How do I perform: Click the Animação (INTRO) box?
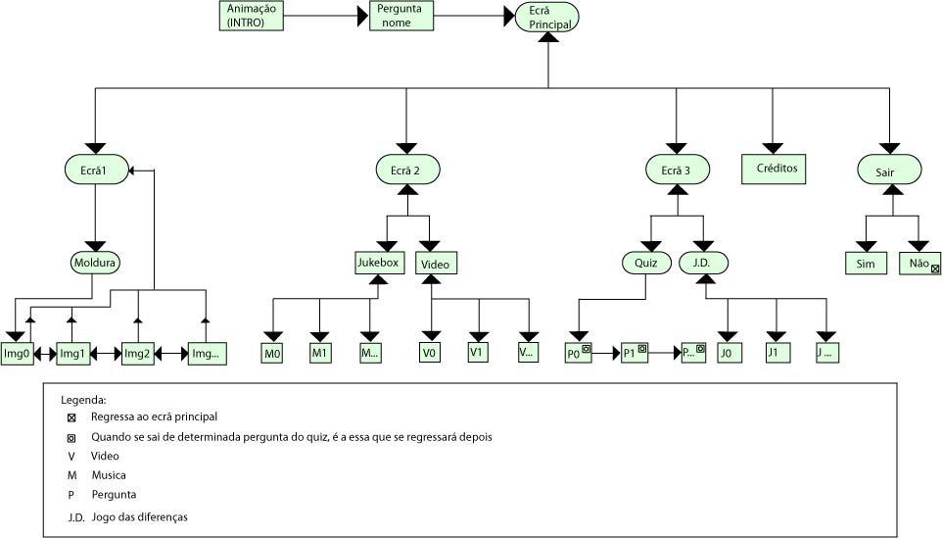click(x=252, y=15)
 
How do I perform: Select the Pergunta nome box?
click(x=401, y=16)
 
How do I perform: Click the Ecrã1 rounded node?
click(x=94, y=170)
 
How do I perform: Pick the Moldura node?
click(x=95, y=263)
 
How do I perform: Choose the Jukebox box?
click(x=378, y=263)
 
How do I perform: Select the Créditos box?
click(x=772, y=169)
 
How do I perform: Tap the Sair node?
click(x=890, y=171)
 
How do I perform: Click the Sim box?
click(x=865, y=264)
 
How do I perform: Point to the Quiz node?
click(x=645, y=263)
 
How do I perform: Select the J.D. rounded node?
click(x=702, y=263)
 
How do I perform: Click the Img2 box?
click(x=137, y=353)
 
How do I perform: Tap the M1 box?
click(x=320, y=352)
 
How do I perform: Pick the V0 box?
click(x=429, y=353)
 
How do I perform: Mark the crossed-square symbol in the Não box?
click(x=935, y=269)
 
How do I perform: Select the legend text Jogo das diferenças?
click(x=138, y=516)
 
